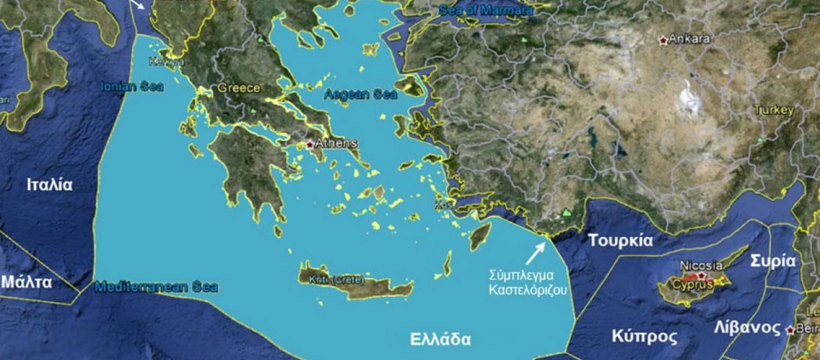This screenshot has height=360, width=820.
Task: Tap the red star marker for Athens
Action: tap(310, 145)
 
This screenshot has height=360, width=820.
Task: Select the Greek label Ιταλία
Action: tap(49, 185)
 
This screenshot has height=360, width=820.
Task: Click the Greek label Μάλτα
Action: tap(26, 282)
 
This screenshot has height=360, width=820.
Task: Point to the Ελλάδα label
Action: tap(441, 339)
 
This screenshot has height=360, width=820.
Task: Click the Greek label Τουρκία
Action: tap(620, 241)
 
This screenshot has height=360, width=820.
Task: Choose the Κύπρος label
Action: tap(644, 335)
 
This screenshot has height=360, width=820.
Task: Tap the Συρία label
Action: tap(773, 262)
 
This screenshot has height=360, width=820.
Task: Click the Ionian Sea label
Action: tap(132, 86)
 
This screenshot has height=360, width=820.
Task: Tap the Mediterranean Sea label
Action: tap(156, 287)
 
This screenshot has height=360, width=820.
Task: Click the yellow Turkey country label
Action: tap(774, 110)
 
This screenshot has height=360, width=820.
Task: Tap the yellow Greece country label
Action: tap(239, 88)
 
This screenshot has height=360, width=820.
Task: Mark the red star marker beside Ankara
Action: tap(663, 40)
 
